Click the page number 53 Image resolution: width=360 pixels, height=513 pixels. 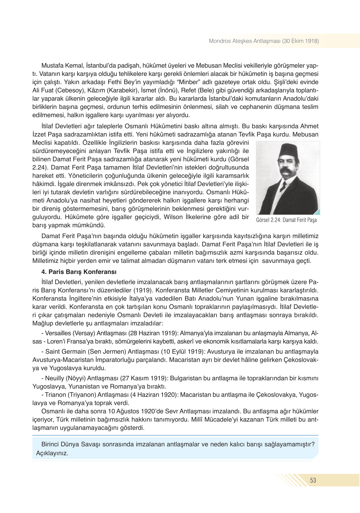[x=313, y=480]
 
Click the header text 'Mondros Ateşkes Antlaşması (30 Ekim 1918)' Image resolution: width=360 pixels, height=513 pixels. [x=263, y=41]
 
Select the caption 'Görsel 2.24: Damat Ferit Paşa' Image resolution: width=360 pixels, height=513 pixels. [x=286, y=220]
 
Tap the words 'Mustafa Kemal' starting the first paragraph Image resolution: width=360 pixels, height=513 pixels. [x=62, y=65]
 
